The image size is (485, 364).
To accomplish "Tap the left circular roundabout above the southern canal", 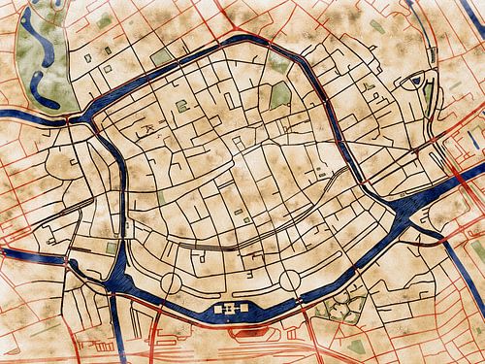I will (171, 283).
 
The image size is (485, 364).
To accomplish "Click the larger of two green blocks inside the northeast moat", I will (279, 95).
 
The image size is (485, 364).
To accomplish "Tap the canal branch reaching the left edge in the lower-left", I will (19, 254).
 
